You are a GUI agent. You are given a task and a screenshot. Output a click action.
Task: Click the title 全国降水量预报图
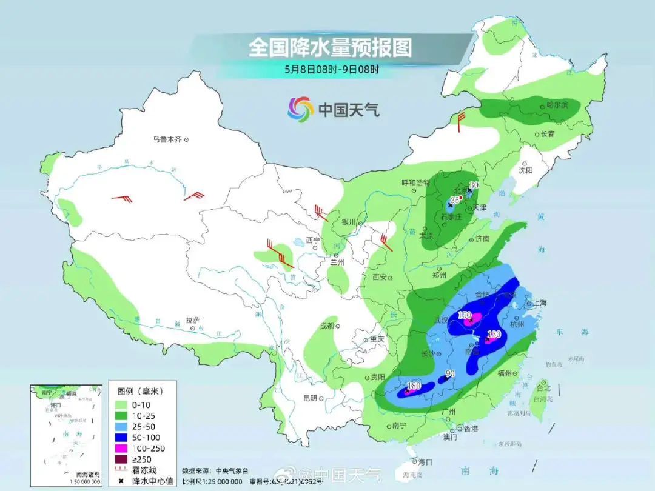click(330, 47)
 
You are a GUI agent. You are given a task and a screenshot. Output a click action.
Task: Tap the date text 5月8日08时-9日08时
click(332, 69)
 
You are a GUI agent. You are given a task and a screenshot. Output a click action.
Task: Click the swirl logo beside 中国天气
click(300, 109)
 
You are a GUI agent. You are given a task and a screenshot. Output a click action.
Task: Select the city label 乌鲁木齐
click(167, 139)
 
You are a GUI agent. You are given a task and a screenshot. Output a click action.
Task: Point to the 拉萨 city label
click(193, 320)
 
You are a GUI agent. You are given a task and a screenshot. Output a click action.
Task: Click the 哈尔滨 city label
click(557, 105)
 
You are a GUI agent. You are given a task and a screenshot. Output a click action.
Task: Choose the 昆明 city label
click(310, 398)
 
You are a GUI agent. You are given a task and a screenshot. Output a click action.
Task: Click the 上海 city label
click(539, 302)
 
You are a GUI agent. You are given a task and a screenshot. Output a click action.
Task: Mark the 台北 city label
click(543, 387)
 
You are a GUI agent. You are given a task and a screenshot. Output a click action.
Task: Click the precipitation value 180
click(415, 386)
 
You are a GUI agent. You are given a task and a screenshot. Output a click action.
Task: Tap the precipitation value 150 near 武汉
click(465, 315)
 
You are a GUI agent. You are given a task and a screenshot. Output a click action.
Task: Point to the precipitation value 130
click(494, 334)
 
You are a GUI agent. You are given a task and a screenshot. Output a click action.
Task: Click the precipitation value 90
click(449, 374)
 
